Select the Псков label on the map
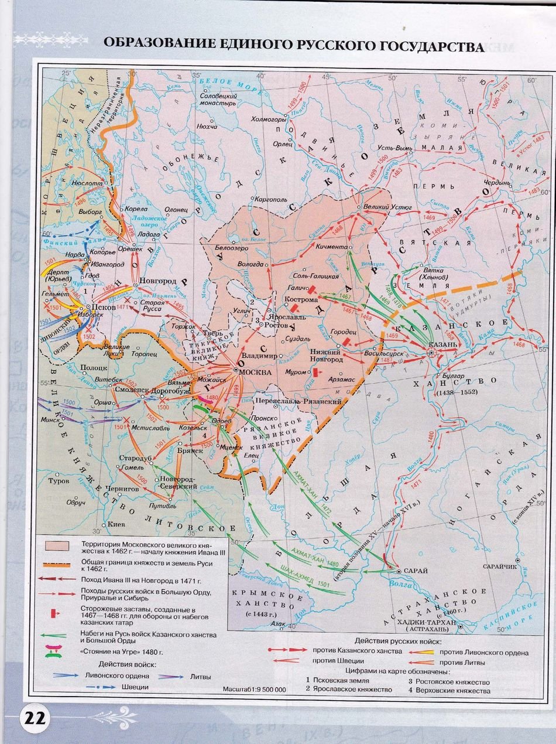click(x=100, y=307)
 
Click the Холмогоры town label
click(x=269, y=119)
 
